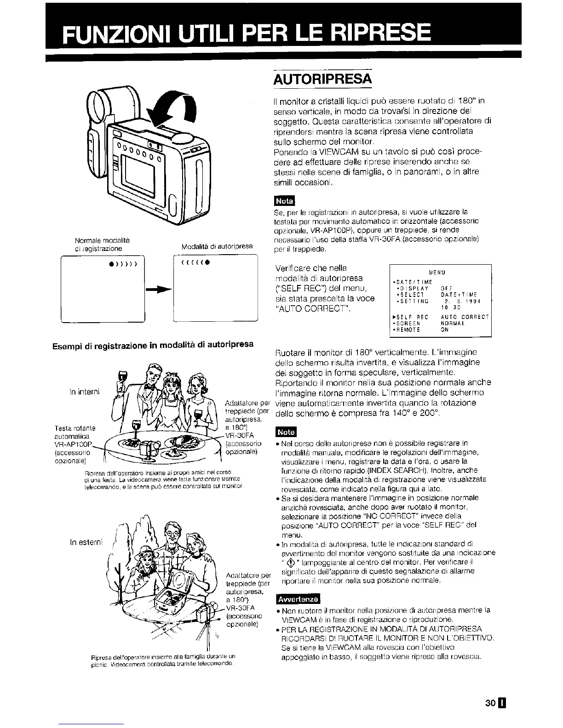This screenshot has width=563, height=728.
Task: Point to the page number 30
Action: tap(490, 690)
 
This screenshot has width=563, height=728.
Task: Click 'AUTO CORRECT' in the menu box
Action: tap(464, 317)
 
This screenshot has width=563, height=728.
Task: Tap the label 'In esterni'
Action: tap(86, 542)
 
